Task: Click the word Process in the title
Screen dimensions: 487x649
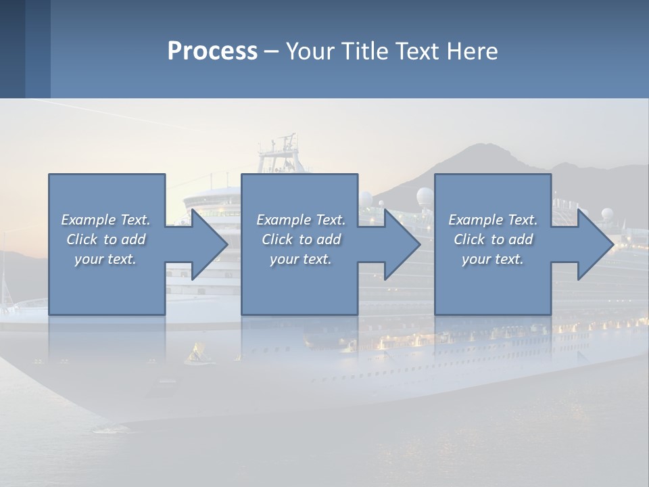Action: pos(212,51)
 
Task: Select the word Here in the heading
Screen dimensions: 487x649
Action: pos(473,51)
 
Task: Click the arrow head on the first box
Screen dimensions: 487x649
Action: pos(209,244)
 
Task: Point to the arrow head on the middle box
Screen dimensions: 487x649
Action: pos(402,244)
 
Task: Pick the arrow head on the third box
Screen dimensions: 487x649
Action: pos(596,244)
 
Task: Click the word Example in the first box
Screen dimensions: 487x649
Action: pos(87,220)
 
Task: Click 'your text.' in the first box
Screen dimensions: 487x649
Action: pos(105,259)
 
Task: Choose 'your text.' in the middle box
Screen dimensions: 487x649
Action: pos(301,259)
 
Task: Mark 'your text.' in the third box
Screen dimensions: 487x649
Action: pos(493,259)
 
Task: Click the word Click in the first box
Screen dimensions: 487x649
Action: pos(81,239)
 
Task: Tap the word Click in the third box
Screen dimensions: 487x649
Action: pos(469,239)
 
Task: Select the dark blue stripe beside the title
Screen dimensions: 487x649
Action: pos(38,49)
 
